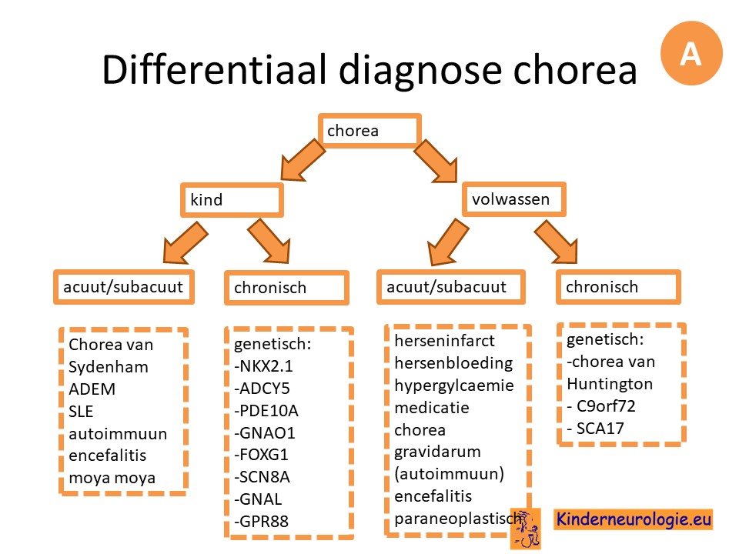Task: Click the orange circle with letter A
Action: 691,53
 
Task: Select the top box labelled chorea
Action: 369,131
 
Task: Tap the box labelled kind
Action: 232,200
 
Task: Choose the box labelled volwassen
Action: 513,199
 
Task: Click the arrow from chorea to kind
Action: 303,159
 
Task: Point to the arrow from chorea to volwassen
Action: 436,160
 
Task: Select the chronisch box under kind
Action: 286,287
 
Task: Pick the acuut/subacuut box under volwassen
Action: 451,286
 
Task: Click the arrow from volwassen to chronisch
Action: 556,241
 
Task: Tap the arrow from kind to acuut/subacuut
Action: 186,243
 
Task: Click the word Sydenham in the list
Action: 109,367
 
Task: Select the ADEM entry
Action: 92,389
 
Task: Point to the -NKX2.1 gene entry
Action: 263,366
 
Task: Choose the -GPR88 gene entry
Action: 262,522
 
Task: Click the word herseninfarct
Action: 444,341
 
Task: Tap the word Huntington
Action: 610,385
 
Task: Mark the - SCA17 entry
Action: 596,429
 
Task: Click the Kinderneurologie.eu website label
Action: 634,519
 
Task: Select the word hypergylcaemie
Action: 454,385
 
